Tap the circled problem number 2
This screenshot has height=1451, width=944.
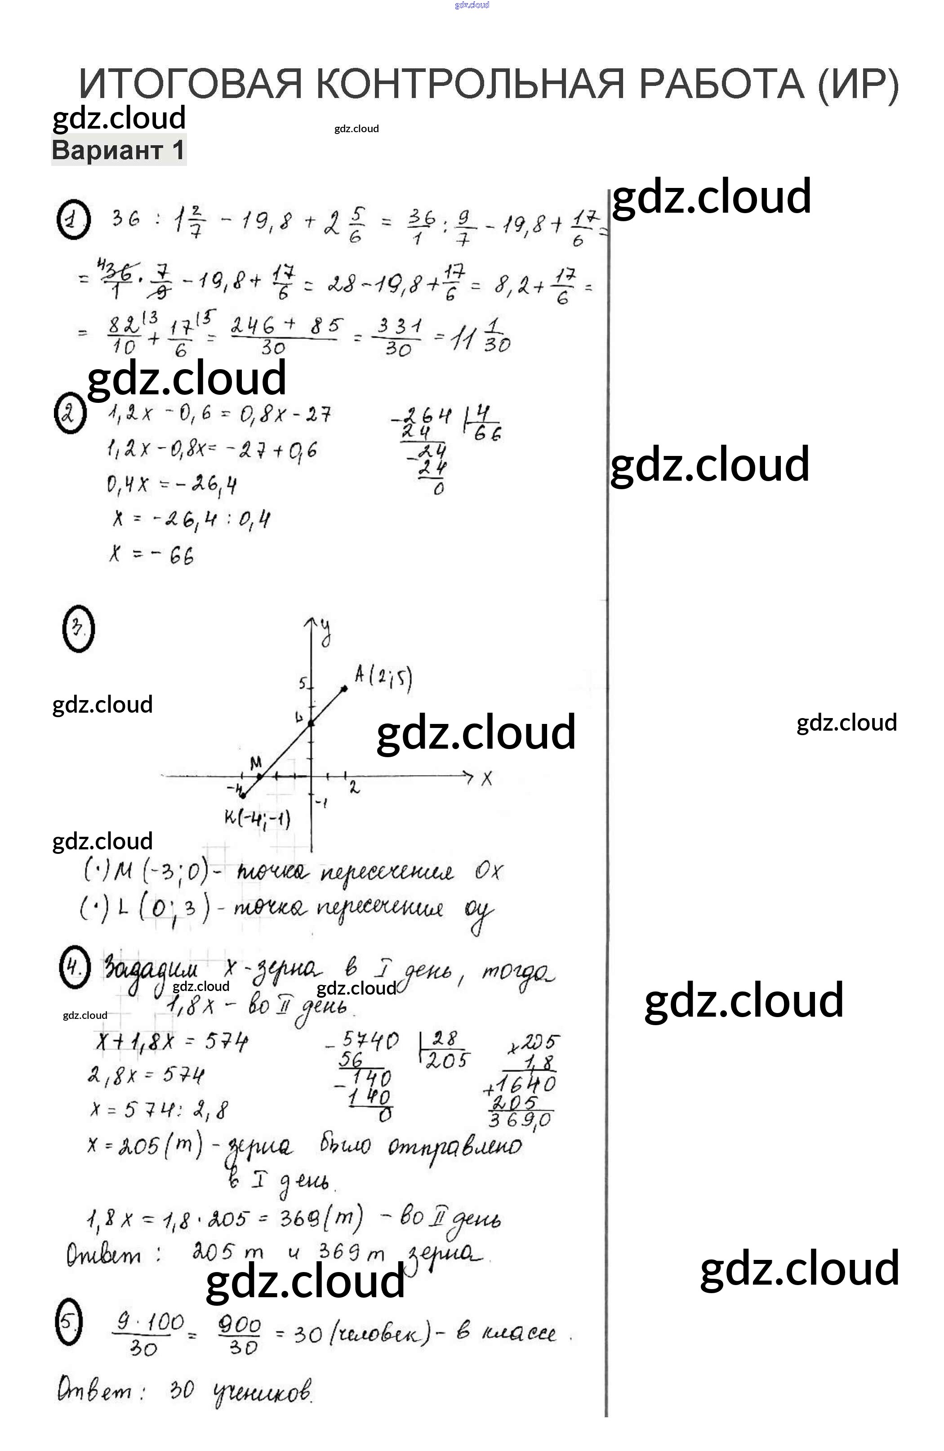pyautogui.click(x=70, y=413)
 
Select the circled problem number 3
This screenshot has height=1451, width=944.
pyautogui.click(x=79, y=628)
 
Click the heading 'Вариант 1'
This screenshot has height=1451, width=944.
pyautogui.click(x=118, y=150)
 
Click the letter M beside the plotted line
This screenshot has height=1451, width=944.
pyautogui.click(x=256, y=762)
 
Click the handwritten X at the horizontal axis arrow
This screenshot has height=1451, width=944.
pyautogui.click(x=486, y=778)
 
